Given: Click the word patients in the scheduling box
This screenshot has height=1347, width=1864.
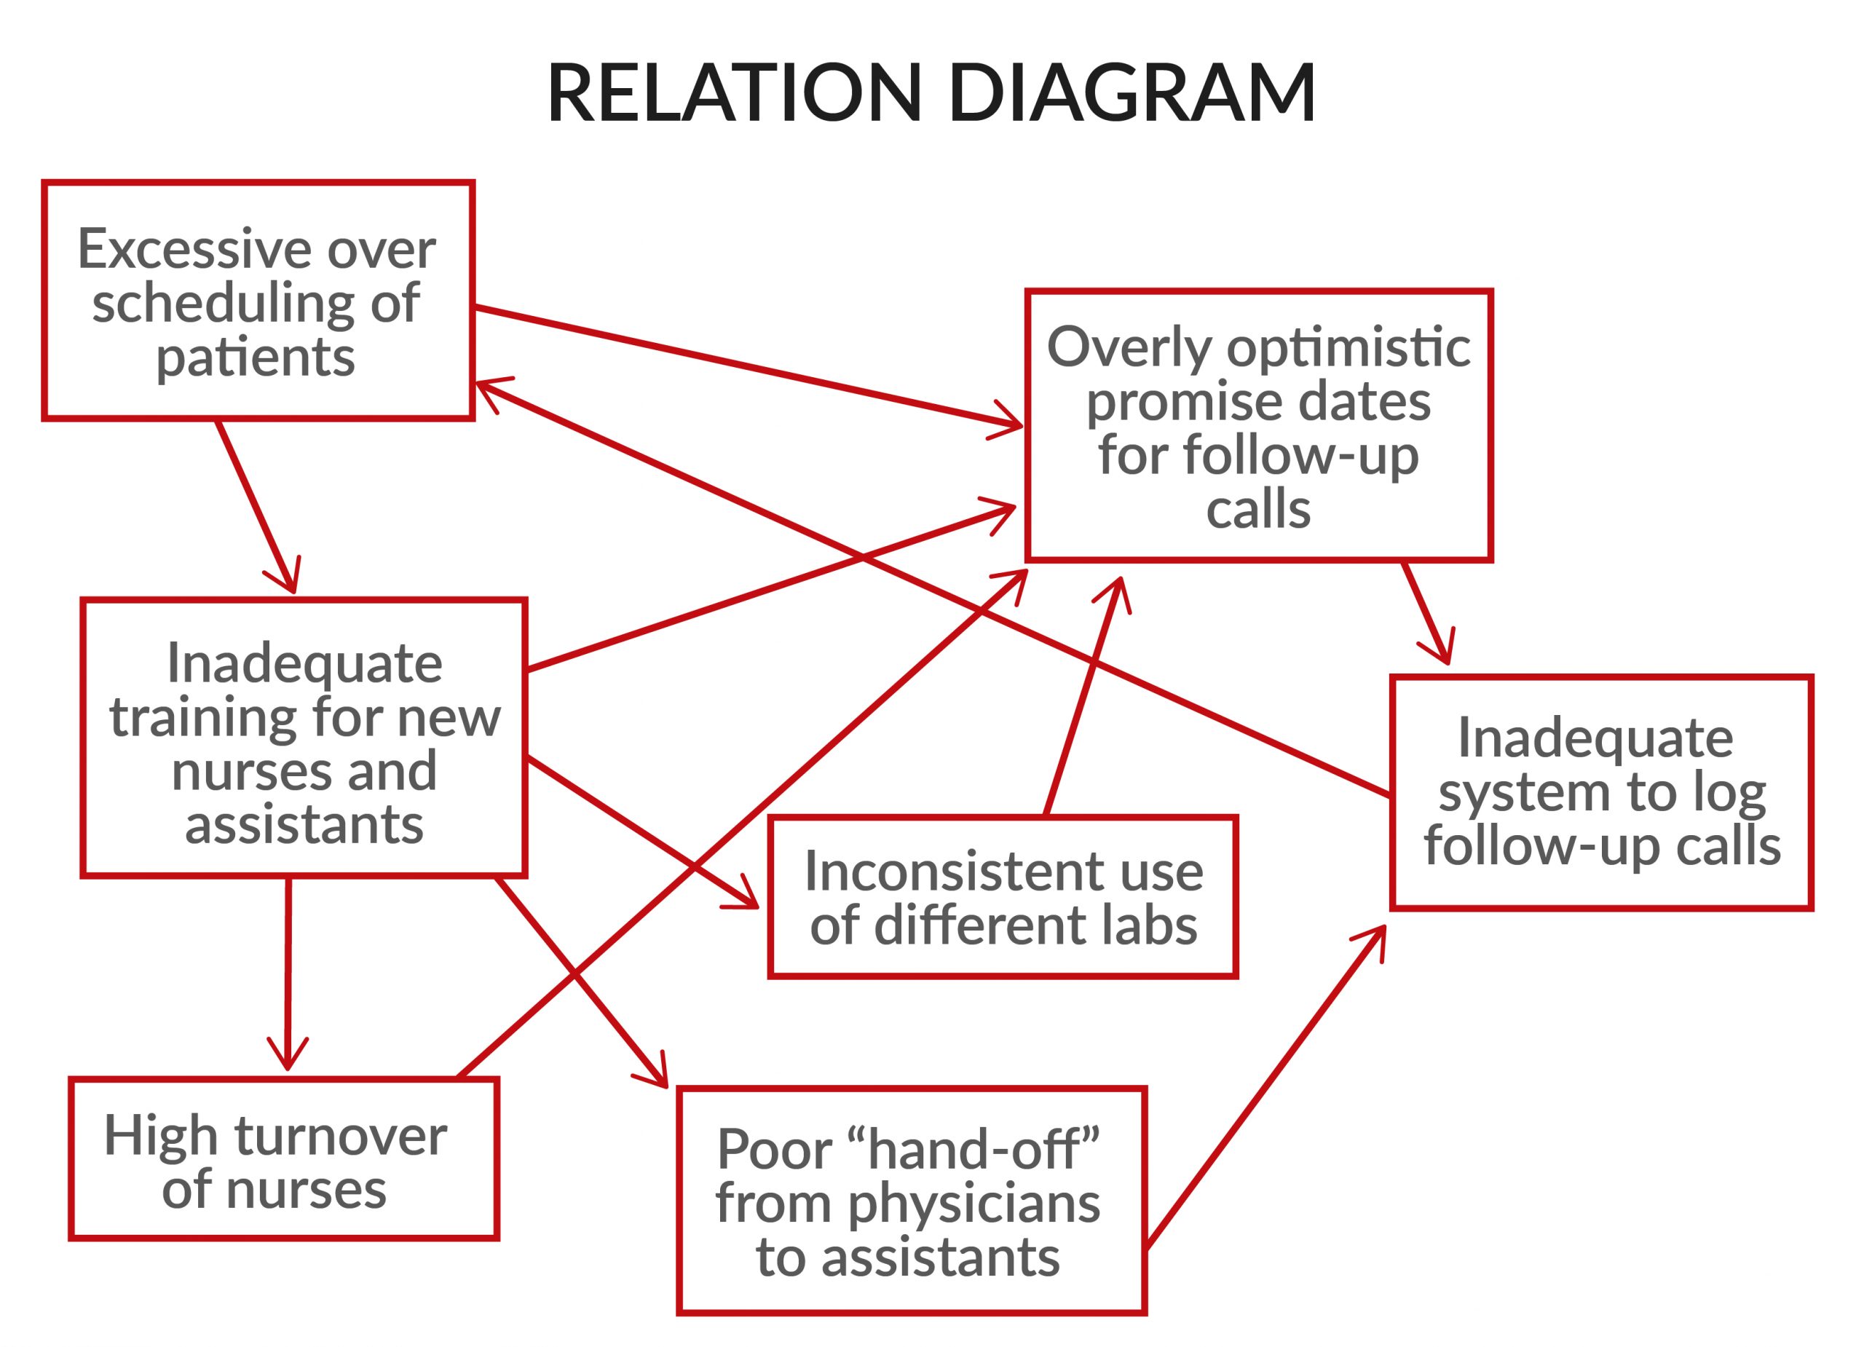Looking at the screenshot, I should point(256,358).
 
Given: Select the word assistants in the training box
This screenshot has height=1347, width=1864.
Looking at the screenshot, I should point(304,824).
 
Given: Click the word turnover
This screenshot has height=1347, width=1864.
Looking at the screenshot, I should point(340,1136).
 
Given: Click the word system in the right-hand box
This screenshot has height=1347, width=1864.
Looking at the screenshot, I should point(1525,793).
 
